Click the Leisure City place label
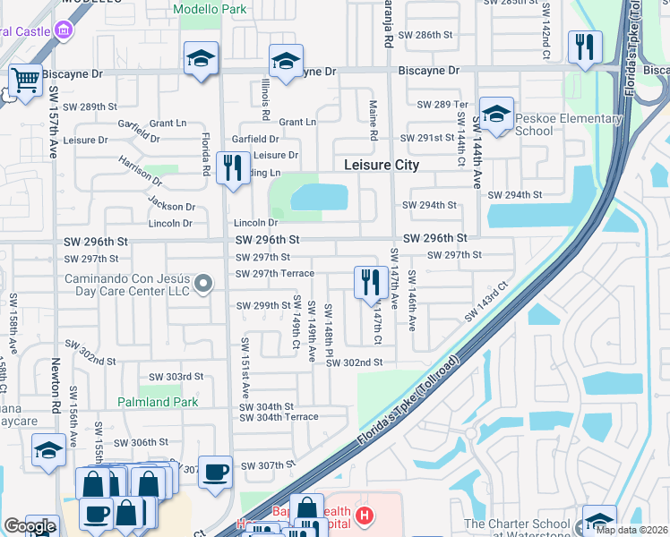point(382,166)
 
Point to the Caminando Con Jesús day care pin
point(203,285)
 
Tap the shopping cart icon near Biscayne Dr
point(25,81)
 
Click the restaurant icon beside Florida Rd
point(233,167)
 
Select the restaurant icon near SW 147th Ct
point(370,282)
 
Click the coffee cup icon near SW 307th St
point(215,471)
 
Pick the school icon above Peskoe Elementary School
point(495,114)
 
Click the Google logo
point(30,526)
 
